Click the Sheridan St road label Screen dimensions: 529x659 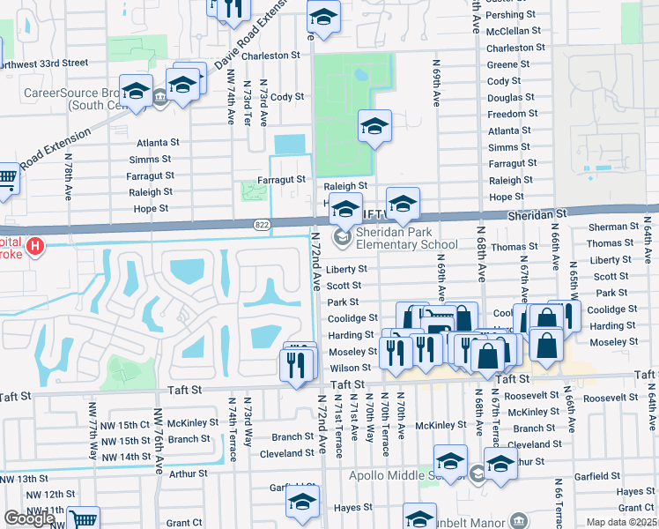[536, 214]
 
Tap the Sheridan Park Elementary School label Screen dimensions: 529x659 [406, 238]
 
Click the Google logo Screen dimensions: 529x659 [29, 518]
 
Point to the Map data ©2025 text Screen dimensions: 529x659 [622, 522]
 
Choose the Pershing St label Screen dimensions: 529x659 [512, 15]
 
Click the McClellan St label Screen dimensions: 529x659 [514, 30]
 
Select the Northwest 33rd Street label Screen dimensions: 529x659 [44, 63]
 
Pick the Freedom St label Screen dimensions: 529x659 [507, 114]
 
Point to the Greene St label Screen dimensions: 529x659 [503, 64]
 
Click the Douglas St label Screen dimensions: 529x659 [505, 98]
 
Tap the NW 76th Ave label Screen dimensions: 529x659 [159, 438]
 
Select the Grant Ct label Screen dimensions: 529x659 [184, 523]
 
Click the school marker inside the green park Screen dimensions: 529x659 [374, 126]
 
